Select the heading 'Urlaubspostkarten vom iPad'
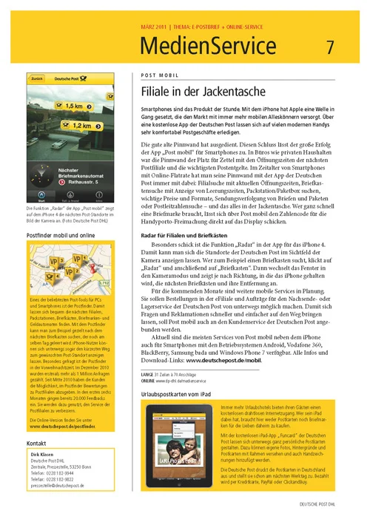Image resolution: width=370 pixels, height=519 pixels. [174, 374]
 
